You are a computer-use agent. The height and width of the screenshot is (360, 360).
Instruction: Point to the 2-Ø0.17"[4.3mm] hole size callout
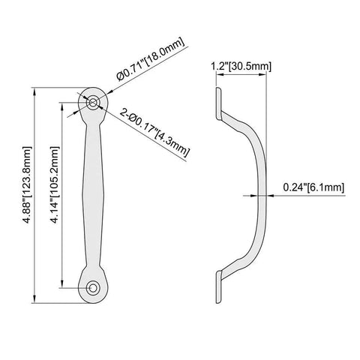coord(154,133)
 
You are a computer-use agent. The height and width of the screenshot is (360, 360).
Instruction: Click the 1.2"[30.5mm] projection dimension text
coord(238,67)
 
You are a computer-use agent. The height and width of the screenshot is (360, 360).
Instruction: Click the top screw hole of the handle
coord(93,101)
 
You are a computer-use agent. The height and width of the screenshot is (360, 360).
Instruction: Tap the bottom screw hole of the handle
coord(93,286)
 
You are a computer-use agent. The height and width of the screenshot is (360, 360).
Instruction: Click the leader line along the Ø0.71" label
coord(146,70)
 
